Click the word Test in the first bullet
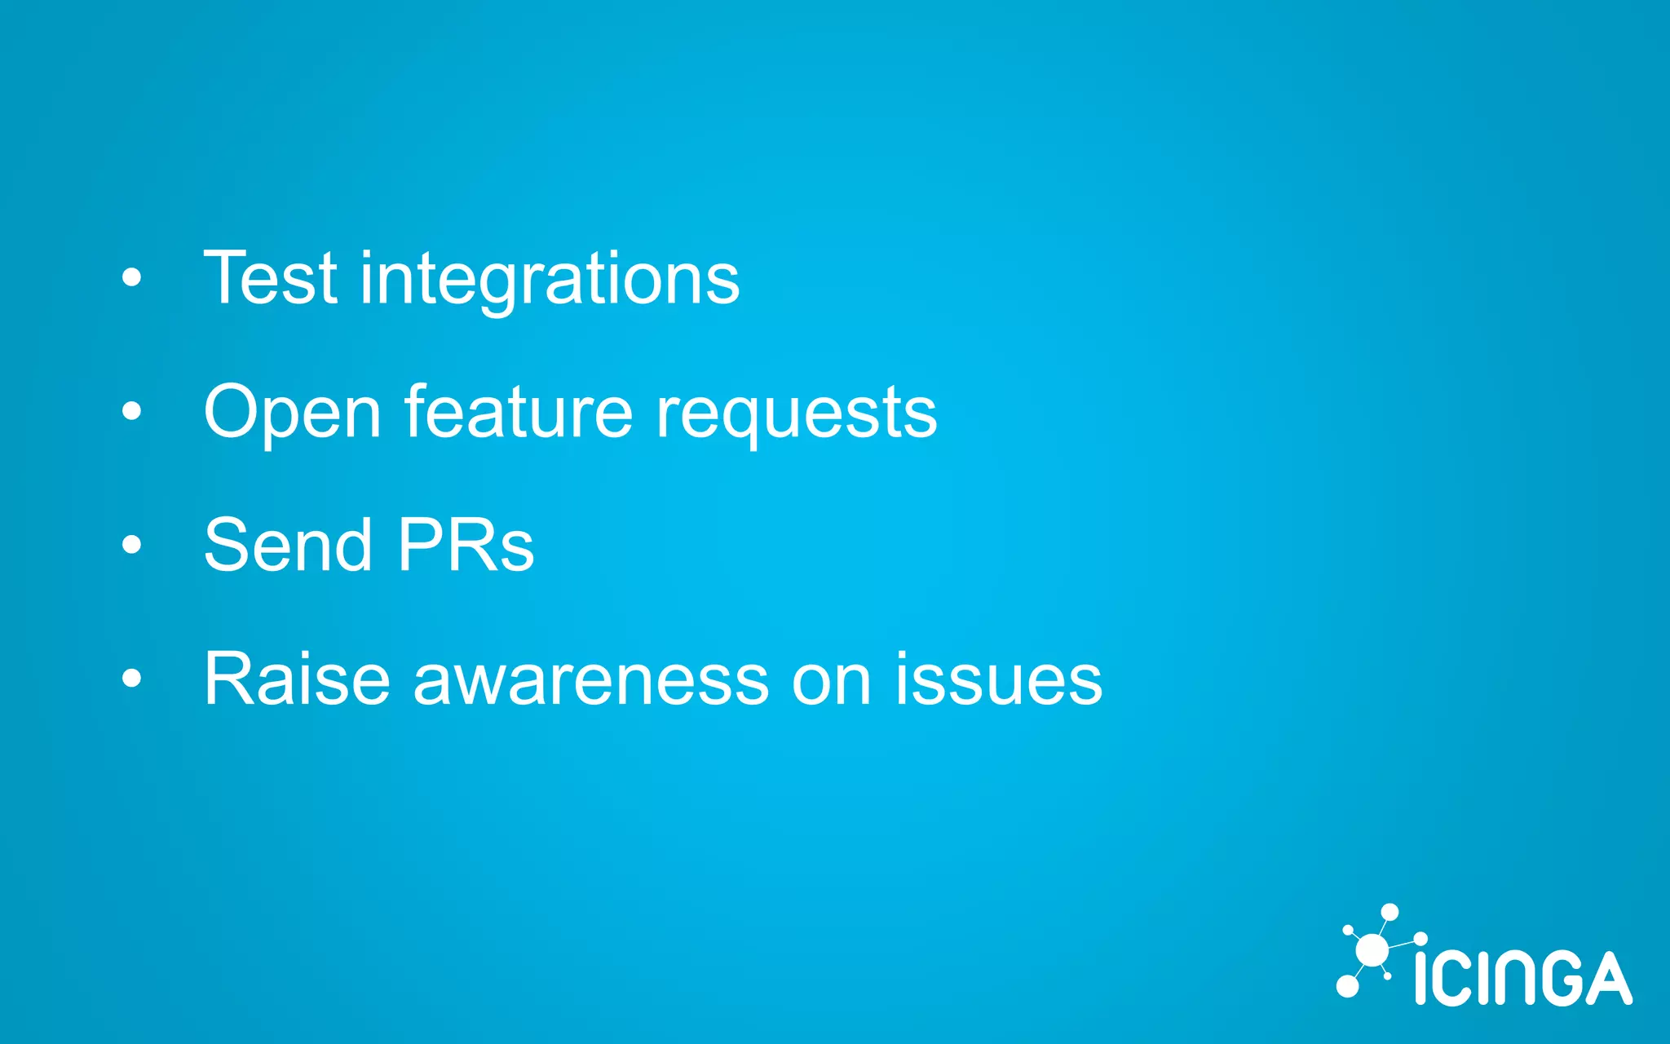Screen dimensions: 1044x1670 [x=270, y=279]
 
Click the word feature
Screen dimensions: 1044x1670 [x=518, y=412]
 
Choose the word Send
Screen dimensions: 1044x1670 [x=288, y=545]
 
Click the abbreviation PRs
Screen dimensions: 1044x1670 [x=466, y=545]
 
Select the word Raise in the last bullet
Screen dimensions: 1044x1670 [x=297, y=679]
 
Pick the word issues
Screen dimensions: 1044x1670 [x=998, y=679]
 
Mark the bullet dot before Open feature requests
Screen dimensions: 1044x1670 [x=131, y=412]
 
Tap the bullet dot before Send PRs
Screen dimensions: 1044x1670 [x=131, y=545]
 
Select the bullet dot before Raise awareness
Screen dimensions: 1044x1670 [x=131, y=678]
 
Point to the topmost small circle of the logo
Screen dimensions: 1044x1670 [x=1390, y=912]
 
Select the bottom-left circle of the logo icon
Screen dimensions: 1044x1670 [x=1348, y=986]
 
